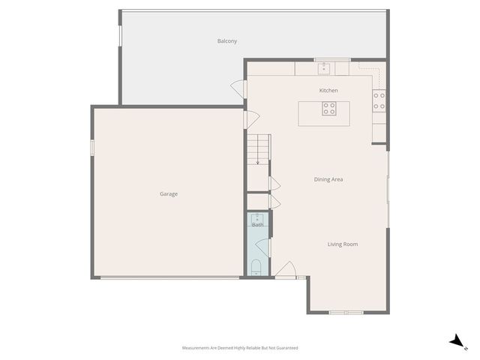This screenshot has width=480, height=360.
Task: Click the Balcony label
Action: [227, 41]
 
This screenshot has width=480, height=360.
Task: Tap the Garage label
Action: [168, 194]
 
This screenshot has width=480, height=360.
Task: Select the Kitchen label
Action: [328, 91]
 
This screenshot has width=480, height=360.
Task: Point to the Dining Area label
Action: [328, 179]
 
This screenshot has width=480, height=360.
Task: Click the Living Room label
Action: [342, 244]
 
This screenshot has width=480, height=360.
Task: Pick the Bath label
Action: [257, 224]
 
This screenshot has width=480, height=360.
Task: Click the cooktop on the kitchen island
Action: [329, 109]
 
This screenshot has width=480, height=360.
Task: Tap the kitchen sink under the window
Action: [324, 69]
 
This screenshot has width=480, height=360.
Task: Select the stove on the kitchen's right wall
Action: [379, 100]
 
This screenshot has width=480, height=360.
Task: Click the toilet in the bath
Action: [256, 266]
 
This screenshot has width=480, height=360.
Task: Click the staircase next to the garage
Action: [258, 149]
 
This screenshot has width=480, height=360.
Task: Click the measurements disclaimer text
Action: [240, 348]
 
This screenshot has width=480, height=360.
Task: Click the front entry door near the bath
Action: [285, 271]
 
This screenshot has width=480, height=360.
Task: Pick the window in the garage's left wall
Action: [92, 147]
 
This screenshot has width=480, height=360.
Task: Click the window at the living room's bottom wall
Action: [346, 312]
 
